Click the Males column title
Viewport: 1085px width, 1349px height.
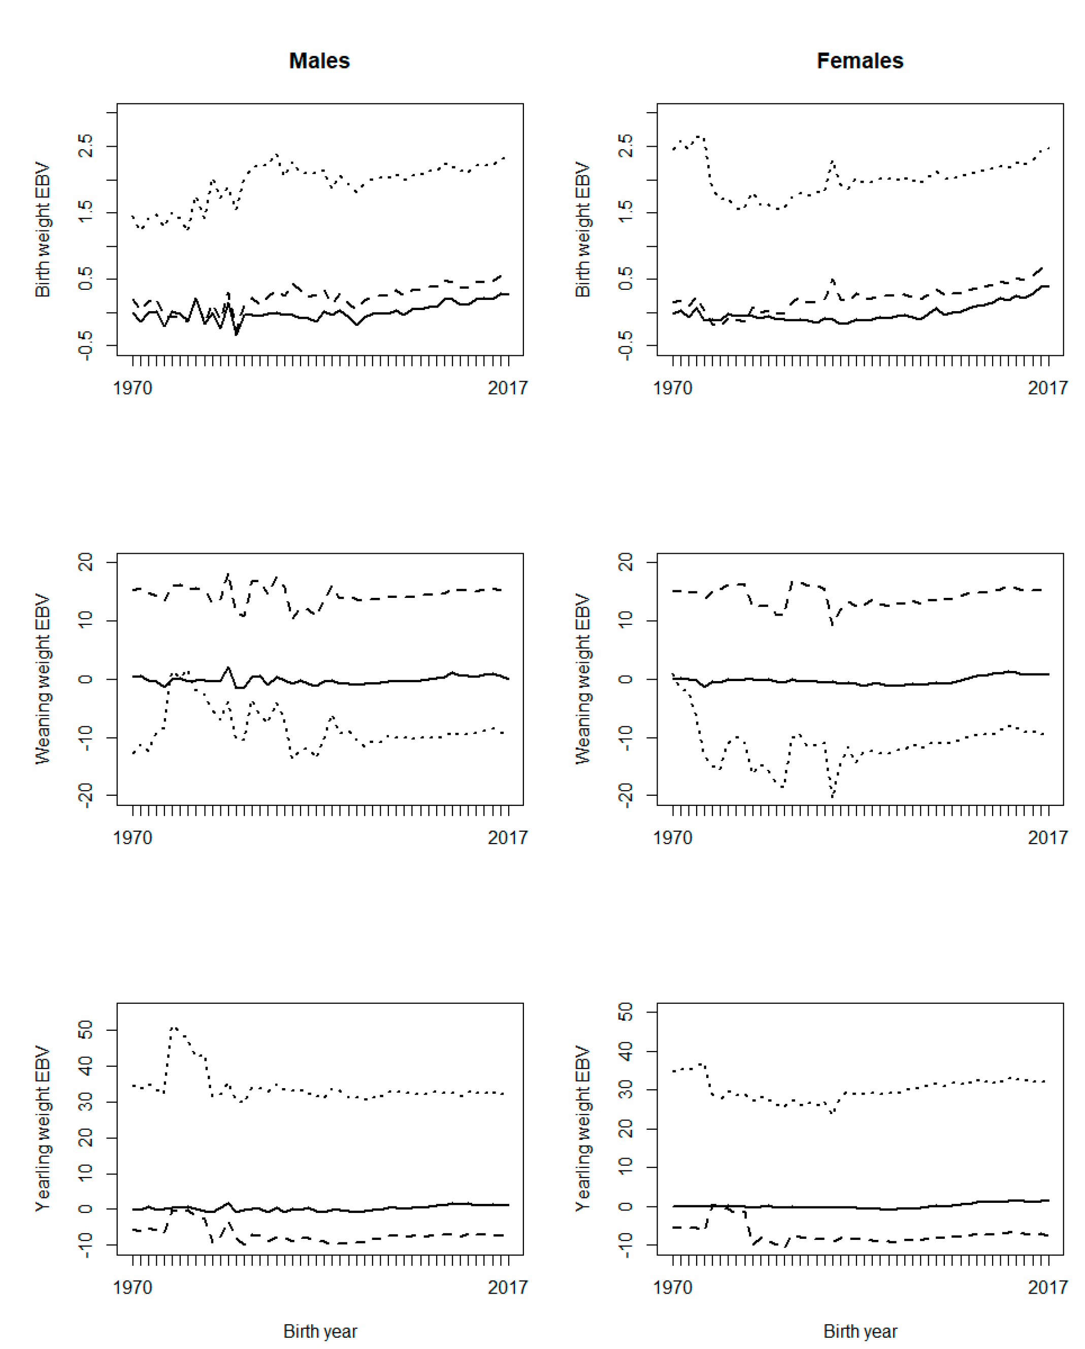(x=319, y=61)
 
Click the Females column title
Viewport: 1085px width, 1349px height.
(x=860, y=61)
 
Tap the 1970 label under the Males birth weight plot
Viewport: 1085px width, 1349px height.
(x=132, y=388)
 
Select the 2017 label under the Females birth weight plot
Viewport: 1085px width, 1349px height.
(x=1047, y=388)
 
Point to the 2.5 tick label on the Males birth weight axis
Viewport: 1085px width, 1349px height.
(x=86, y=146)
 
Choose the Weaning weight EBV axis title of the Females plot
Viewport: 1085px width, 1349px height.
(x=583, y=679)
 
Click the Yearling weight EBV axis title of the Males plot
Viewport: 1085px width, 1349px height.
(x=43, y=1129)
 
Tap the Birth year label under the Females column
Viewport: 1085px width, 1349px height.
(x=860, y=1331)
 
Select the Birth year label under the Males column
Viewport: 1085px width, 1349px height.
(x=320, y=1331)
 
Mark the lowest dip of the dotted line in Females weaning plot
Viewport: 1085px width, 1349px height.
(x=832, y=796)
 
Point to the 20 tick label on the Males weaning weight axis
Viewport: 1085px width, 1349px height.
(x=86, y=562)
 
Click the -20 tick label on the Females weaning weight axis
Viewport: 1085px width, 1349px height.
(x=626, y=796)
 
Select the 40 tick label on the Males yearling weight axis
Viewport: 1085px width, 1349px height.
(x=86, y=1066)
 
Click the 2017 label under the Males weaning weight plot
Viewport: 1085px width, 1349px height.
(x=507, y=838)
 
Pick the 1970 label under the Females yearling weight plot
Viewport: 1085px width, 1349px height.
(x=672, y=1288)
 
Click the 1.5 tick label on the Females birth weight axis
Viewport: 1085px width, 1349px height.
(x=626, y=212)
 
